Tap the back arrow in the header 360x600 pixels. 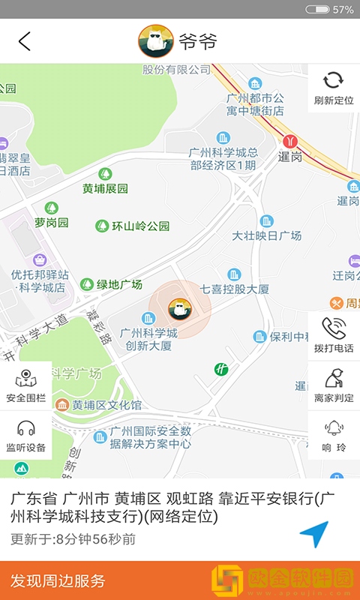(25, 41)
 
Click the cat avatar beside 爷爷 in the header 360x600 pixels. (156, 41)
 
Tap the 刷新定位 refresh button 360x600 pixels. (334, 88)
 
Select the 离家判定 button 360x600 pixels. (334, 385)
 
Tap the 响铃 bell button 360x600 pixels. (334, 436)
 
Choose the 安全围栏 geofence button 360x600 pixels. (26, 385)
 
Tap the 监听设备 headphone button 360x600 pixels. (26, 436)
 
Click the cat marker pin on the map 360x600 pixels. (178, 307)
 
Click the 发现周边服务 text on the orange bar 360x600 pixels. (58, 581)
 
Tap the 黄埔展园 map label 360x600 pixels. (105, 189)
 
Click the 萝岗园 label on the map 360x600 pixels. (52, 223)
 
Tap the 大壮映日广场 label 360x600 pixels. (267, 235)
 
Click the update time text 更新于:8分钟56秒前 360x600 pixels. (73, 539)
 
